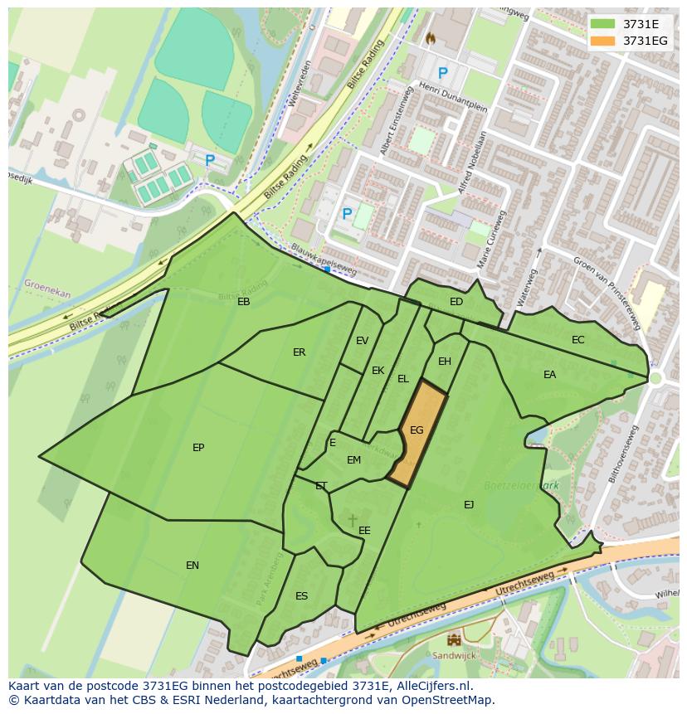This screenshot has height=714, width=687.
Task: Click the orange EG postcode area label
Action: click(x=417, y=430)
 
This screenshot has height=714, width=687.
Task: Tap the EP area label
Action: click(x=198, y=448)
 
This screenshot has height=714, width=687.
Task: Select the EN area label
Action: click(x=192, y=566)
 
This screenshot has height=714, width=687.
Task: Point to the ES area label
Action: click(x=302, y=596)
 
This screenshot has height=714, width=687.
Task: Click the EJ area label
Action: click(x=469, y=504)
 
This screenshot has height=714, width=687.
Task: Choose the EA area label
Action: click(x=549, y=375)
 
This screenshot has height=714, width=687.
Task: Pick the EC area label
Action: click(x=578, y=340)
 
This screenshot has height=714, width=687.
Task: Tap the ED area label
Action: click(x=456, y=302)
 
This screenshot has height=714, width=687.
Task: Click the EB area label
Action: click(x=244, y=302)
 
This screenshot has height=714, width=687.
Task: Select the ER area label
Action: click(x=300, y=352)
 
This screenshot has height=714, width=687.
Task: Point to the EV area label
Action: click(x=363, y=341)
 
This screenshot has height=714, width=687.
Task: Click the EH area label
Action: click(x=445, y=362)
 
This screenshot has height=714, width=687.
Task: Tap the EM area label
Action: click(x=354, y=460)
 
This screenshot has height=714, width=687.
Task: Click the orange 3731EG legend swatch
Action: click(x=603, y=41)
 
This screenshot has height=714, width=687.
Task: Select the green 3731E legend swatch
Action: click(x=603, y=24)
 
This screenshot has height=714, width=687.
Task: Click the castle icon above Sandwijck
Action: click(x=454, y=639)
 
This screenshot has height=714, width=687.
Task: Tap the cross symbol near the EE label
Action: click(x=353, y=520)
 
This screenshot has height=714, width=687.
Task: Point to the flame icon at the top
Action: click(x=430, y=38)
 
